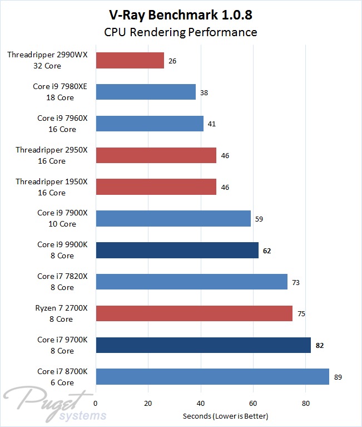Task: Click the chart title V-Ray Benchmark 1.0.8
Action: click(x=181, y=13)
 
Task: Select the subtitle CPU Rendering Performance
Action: click(x=181, y=32)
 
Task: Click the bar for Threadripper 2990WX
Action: click(x=130, y=60)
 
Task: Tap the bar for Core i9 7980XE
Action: click(x=146, y=92)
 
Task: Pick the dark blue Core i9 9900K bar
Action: click(x=177, y=250)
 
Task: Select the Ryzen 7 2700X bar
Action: click(x=194, y=313)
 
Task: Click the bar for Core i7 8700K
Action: click(x=212, y=377)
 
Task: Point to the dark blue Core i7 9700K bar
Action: click(x=204, y=345)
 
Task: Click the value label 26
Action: click(x=172, y=61)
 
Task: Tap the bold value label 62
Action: click(x=267, y=251)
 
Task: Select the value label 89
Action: click(x=338, y=377)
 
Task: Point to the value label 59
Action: click(x=259, y=219)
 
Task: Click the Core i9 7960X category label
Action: click(x=57, y=124)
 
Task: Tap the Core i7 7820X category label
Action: click(x=56, y=282)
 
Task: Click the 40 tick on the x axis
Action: click(x=201, y=403)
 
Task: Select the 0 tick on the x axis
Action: click(x=96, y=403)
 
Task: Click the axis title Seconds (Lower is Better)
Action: click(x=226, y=416)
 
